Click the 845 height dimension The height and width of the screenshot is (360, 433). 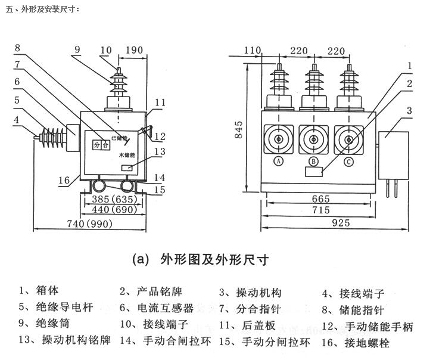click(239, 128)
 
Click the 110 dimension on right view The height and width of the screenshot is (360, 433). click(253, 50)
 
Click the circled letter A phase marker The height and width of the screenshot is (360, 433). click(278, 161)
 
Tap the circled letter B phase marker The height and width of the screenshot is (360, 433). click(313, 161)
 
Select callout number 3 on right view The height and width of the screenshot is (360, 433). click(410, 110)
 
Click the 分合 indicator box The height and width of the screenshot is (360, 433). click(101, 144)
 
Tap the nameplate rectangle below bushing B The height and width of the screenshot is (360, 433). click(313, 172)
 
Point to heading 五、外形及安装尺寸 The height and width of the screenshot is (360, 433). click(41, 9)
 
